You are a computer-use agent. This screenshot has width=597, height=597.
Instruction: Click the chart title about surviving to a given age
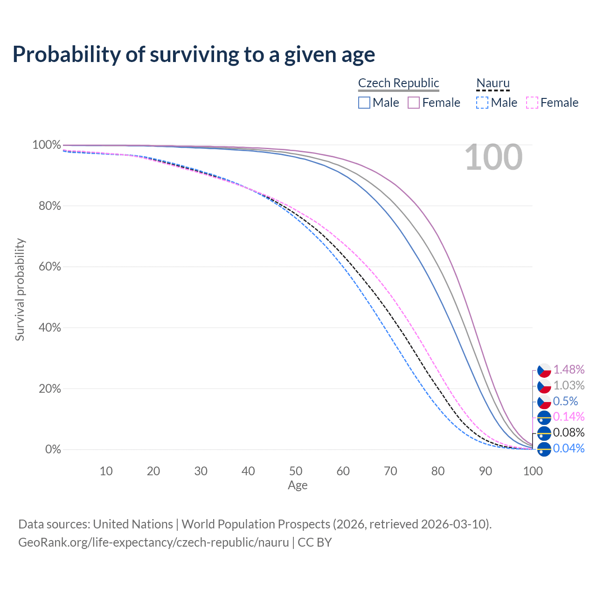click(x=194, y=55)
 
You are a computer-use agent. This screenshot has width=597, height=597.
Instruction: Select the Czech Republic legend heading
click(x=398, y=83)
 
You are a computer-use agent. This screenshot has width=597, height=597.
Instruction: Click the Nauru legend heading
click(x=493, y=83)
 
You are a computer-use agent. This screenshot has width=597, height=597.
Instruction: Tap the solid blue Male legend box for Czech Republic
click(x=364, y=103)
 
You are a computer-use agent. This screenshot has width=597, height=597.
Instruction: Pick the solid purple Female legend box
click(x=414, y=103)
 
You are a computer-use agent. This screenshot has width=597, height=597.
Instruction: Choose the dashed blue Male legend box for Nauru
click(x=482, y=103)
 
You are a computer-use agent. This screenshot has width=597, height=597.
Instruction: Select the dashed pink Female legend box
click(x=532, y=103)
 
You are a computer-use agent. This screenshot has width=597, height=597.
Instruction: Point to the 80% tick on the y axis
click(x=50, y=206)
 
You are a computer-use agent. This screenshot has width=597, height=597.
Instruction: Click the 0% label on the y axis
click(x=53, y=450)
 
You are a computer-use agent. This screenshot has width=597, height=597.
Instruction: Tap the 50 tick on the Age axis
click(x=296, y=471)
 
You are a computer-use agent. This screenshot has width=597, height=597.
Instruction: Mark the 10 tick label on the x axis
click(x=106, y=471)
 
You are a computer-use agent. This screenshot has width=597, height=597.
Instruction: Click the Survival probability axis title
click(x=20, y=290)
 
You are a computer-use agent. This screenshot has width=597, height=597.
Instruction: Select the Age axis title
click(x=298, y=486)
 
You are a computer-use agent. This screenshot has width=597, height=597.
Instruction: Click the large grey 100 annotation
click(x=493, y=157)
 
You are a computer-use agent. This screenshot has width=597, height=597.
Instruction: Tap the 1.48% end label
click(x=569, y=369)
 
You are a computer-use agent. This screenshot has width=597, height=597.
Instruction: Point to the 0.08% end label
click(x=569, y=432)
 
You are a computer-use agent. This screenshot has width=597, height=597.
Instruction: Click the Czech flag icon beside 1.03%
click(x=544, y=386)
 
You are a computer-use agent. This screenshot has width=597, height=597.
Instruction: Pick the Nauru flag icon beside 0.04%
click(x=544, y=449)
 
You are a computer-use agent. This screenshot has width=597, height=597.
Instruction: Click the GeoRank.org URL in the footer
click(x=153, y=542)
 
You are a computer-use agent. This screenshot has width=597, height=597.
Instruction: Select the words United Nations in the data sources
click(x=133, y=524)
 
